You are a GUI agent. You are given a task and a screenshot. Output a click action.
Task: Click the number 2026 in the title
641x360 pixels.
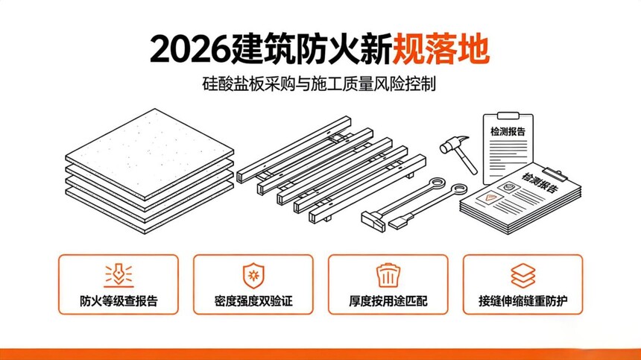[189, 50]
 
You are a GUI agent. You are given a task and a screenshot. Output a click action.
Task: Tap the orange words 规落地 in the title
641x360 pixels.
[441, 50]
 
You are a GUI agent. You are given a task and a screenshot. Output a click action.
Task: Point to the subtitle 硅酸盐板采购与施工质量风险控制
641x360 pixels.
[319, 83]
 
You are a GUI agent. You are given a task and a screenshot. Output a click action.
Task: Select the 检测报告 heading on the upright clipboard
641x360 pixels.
[508, 132]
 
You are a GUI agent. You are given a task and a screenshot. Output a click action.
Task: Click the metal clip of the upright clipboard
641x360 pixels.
[508, 116]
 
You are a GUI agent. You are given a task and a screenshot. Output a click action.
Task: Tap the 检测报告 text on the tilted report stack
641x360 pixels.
[540, 182]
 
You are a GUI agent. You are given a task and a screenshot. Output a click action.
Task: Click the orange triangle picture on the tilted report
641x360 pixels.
[490, 198]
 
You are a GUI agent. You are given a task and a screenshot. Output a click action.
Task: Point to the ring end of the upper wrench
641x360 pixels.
[438, 183]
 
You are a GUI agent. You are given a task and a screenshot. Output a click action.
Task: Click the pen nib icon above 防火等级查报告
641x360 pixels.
[119, 274]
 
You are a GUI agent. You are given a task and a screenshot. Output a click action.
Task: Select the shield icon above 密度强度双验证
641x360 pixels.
[253, 276]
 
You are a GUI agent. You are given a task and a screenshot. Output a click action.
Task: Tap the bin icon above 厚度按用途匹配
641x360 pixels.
[388, 276]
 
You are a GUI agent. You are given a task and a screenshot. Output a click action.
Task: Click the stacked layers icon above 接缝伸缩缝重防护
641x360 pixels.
[522, 276]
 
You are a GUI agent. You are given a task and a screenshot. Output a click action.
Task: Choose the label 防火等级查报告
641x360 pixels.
[119, 301]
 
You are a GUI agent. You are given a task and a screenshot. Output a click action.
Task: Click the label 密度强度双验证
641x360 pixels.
[253, 301]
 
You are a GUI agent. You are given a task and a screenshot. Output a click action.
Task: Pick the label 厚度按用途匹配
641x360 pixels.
[388, 301]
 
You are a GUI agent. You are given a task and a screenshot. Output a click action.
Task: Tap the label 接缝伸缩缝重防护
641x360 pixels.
[522, 301]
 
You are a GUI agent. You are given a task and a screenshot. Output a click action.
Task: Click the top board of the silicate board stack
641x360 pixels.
[150, 154]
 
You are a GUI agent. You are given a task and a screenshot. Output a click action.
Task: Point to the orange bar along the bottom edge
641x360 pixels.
[320, 354]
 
